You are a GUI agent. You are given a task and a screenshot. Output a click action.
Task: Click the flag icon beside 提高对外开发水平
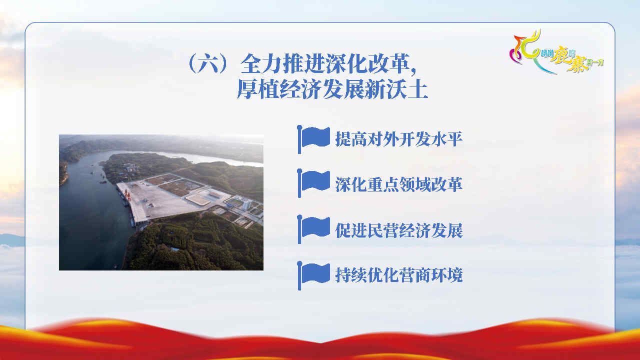click(x=313, y=139)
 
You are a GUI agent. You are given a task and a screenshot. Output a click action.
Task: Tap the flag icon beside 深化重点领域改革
click(x=313, y=183)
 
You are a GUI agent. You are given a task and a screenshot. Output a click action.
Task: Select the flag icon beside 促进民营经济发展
click(x=313, y=229)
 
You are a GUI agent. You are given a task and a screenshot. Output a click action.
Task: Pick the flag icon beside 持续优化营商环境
click(x=313, y=275)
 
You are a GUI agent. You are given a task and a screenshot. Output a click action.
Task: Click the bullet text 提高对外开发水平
click(x=399, y=139)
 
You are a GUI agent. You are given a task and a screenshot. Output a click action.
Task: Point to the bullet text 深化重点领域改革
click(x=399, y=184)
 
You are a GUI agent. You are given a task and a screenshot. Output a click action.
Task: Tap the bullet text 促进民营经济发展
click(x=399, y=230)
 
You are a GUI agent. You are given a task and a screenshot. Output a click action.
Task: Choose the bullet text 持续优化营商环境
click(x=399, y=275)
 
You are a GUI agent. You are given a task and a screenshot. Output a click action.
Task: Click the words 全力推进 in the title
click(x=283, y=63)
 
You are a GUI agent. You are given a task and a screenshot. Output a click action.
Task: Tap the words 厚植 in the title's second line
click(x=258, y=89)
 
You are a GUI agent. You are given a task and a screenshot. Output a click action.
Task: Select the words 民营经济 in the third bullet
click(x=399, y=230)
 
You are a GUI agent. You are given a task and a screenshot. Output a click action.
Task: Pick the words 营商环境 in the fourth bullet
click(x=431, y=275)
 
